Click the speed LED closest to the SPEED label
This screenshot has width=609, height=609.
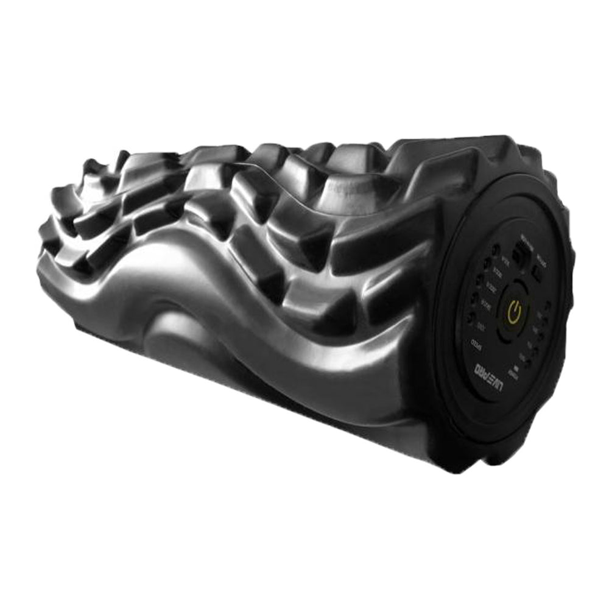tap(471, 317)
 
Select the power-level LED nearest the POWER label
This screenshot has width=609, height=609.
tap(529, 362)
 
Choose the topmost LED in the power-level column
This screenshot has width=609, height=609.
tap(548, 304)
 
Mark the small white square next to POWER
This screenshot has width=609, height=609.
tap(516, 368)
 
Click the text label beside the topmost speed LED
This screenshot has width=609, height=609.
tap(505, 261)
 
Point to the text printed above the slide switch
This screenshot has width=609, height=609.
tap(526, 242)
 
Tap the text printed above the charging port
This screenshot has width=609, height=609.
tap(541, 261)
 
